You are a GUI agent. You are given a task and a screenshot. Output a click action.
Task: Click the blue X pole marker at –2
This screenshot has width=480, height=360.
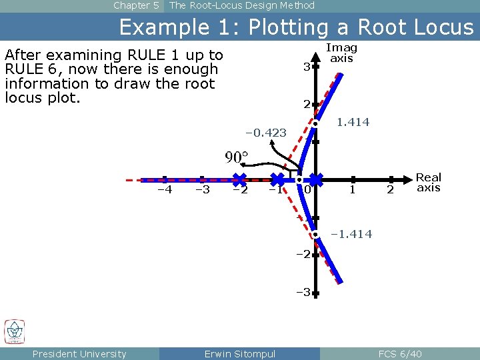(239, 179)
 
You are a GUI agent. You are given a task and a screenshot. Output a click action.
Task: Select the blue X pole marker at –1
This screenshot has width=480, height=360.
(277, 179)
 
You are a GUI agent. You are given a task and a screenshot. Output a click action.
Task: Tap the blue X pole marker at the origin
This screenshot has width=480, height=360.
(315, 179)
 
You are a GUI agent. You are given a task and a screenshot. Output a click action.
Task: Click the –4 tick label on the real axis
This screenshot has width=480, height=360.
(164, 190)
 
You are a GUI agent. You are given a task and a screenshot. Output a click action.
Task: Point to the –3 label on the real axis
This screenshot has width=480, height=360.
(202, 190)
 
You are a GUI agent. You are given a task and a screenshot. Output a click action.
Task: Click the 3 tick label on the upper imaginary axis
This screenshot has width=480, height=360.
(306, 67)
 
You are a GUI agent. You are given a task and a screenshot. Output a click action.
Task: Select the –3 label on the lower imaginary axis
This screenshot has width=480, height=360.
(304, 292)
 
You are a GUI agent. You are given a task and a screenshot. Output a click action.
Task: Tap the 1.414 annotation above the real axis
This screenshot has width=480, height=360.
(353, 123)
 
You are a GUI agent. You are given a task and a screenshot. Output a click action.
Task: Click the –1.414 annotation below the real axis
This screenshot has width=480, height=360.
(352, 234)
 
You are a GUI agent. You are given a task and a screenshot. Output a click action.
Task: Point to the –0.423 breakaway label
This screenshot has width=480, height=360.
(266, 133)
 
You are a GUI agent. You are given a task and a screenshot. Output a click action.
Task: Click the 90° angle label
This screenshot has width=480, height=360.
(237, 157)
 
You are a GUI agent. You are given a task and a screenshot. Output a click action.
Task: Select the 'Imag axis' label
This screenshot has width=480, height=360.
(341, 53)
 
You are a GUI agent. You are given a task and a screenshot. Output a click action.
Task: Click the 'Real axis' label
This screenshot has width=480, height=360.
(429, 182)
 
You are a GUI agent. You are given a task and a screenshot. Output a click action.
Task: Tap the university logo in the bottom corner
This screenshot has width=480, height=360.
(15, 331)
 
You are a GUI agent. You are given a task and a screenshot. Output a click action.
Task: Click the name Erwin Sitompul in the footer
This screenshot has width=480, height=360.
(239, 354)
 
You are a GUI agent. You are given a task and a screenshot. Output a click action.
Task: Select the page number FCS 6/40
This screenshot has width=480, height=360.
(400, 354)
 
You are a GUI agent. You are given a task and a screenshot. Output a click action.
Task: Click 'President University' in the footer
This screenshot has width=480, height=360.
(79, 354)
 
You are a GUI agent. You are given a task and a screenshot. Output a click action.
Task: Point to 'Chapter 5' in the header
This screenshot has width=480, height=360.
(136, 5)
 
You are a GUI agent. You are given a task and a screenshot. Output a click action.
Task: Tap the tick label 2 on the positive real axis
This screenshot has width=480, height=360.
(391, 191)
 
